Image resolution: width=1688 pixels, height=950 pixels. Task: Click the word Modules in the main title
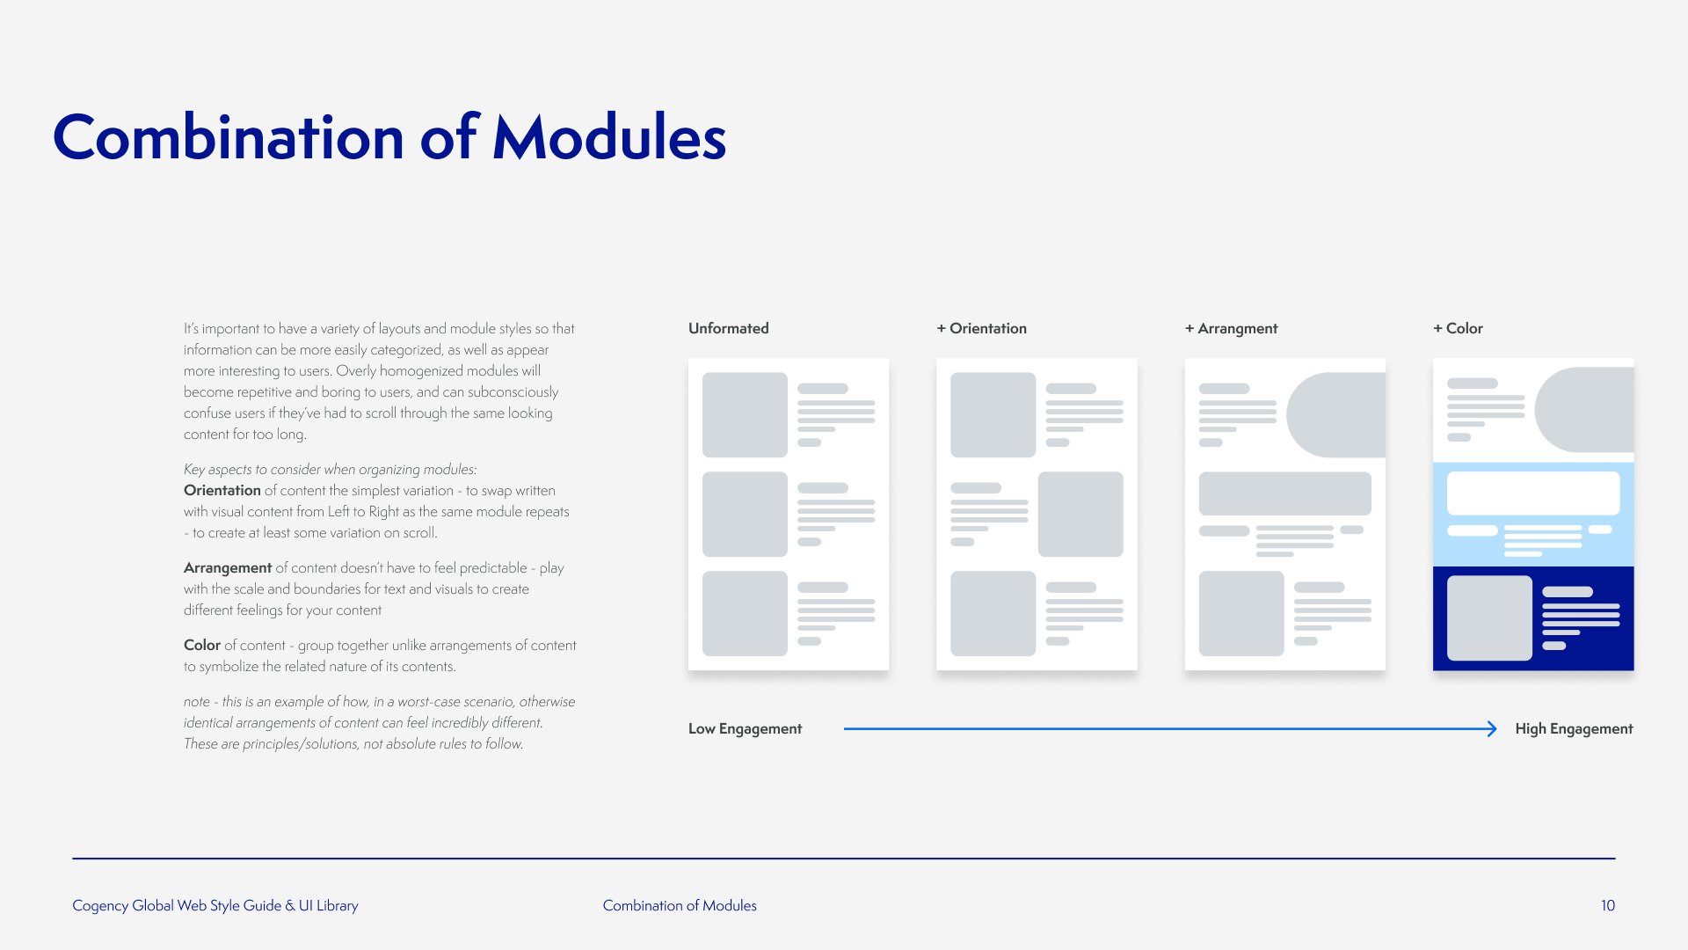point(609,137)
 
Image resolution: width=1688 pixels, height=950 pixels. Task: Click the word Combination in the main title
point(229,137)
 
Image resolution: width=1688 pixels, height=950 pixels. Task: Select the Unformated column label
point(729,328)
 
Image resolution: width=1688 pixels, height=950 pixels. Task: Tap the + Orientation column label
point(981,328)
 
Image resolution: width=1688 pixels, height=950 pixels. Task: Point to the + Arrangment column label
point(1231,328)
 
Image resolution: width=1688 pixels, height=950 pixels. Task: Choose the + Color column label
point(1458,328)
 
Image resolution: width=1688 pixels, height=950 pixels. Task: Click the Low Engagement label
point(745,728)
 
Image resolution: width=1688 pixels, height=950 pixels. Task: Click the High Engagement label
point(1574,728)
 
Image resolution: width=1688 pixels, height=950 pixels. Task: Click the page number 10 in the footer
point(1608,905)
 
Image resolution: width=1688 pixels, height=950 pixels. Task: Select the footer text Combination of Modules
point(680,905)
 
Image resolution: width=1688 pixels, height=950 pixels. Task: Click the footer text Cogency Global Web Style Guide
point(177,905)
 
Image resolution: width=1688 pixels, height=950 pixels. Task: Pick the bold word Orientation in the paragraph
point(222,490)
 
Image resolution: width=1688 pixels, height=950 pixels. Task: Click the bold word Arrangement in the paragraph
point(228,567)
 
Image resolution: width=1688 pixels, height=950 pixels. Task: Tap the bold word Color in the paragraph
point(202,645)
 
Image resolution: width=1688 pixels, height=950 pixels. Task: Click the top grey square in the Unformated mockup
point(745,414)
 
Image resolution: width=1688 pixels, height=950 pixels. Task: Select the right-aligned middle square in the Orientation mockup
point(1080,514)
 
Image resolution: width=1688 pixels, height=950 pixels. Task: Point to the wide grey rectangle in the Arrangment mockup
point(1284,493)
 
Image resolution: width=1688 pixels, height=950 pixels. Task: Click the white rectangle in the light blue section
point(1533,493)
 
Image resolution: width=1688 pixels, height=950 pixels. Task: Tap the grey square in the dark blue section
point(1489,617)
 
